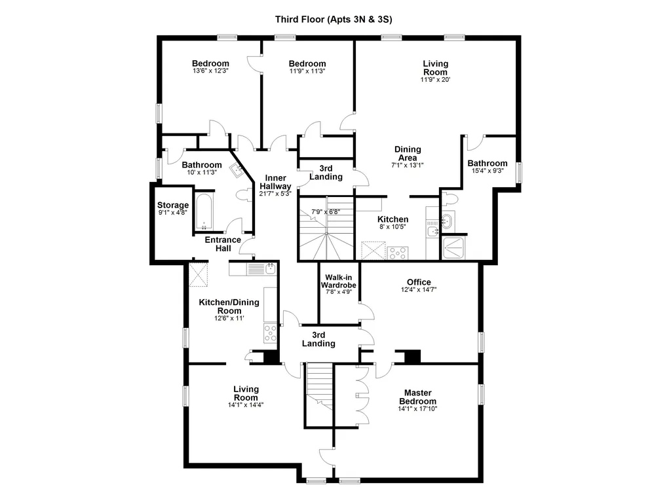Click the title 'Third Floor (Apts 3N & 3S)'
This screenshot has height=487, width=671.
[334, 19]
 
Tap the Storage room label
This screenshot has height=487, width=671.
[173, 206]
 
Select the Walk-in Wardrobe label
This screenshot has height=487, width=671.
[339, 281]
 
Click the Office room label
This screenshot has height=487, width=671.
[419, 282]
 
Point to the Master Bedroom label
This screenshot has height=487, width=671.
[417, 397]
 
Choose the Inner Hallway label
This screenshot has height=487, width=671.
[275, 182]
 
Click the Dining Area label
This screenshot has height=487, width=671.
[408, 154]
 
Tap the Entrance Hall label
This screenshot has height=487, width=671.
[223, 244]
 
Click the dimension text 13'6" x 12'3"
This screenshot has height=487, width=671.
[210, 71]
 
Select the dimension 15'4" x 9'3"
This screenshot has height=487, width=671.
[488, 171]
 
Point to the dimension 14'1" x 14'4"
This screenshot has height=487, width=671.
[246, 405]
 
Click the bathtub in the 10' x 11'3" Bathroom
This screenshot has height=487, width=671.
[204, 212]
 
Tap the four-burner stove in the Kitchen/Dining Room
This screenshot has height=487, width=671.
[270, 333]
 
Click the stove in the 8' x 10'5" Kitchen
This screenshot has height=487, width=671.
[398, 253]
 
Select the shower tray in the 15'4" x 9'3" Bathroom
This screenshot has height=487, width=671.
[454, 248]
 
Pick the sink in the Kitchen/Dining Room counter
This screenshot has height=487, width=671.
[271, 268]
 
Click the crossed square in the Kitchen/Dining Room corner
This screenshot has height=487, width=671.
[198, 274]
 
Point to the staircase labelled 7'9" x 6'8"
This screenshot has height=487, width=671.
[326, 228]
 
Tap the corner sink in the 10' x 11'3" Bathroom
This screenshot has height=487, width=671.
[237, 170]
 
